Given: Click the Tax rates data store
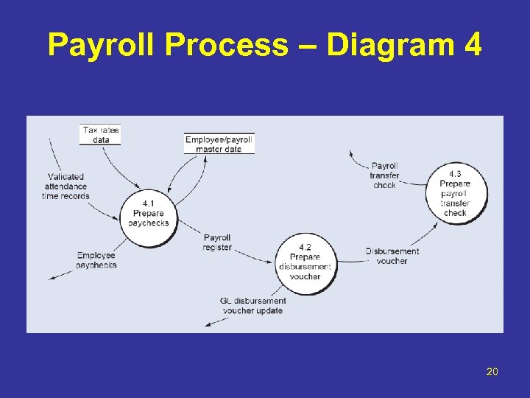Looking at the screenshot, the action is point(100,135).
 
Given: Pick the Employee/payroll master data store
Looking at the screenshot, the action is point(219,144).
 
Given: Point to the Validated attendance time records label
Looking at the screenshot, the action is point(66,186).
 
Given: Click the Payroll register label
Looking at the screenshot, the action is point(217,242).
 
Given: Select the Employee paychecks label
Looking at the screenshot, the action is point(96,260).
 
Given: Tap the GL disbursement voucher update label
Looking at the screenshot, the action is point(252,305).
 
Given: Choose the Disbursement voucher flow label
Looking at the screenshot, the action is point(392,256).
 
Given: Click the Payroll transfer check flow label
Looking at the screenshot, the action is point(384,175).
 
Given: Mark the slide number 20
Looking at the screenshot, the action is point(492,371).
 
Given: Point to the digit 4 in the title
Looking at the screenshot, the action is point(473,46).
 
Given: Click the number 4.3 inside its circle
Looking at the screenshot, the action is point(456,174).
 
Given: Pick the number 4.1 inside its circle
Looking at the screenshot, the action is point(148,203).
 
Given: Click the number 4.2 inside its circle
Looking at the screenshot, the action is point(305,247).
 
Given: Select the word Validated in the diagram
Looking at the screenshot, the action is point(66,177).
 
